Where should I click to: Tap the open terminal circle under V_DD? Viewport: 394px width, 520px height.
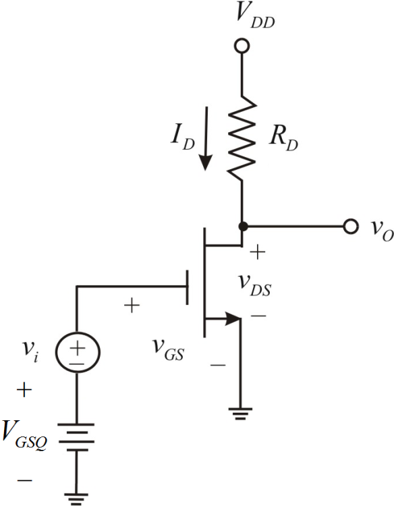tap(241, 47)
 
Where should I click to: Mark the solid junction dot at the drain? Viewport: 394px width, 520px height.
tap(241, 226)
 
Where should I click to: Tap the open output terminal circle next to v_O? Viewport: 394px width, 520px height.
tap(349, 226)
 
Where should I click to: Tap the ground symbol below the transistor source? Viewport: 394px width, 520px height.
tap(241, 413)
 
